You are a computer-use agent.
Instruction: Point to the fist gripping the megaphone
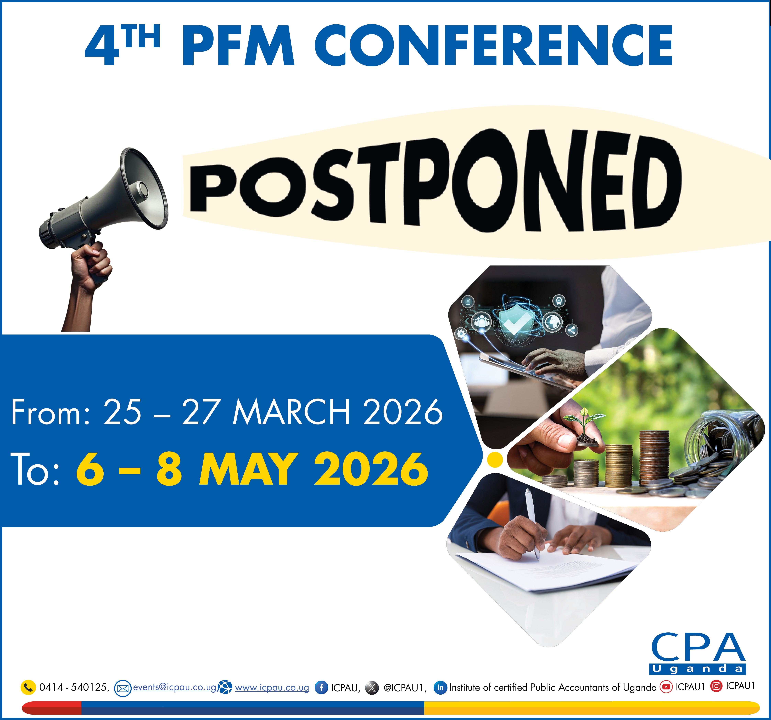(92, 266)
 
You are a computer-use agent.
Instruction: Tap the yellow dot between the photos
(495, 460)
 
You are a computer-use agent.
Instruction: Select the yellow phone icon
(28, 687)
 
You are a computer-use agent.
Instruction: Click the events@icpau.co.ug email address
(175, 687)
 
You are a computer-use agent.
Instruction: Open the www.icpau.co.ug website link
(272, 688)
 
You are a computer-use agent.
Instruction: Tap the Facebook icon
(321, 688)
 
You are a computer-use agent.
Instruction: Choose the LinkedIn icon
(440, 688)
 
